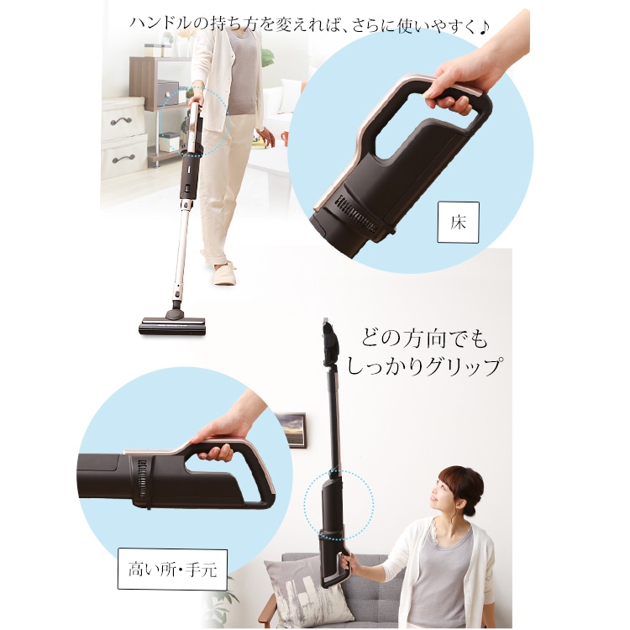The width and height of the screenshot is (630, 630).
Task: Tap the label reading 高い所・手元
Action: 172,570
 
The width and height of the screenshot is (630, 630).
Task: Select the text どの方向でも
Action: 424,339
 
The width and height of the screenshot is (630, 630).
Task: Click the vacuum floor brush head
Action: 173,324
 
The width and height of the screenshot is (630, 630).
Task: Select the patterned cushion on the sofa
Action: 302,589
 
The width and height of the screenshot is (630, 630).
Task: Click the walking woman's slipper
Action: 224,274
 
